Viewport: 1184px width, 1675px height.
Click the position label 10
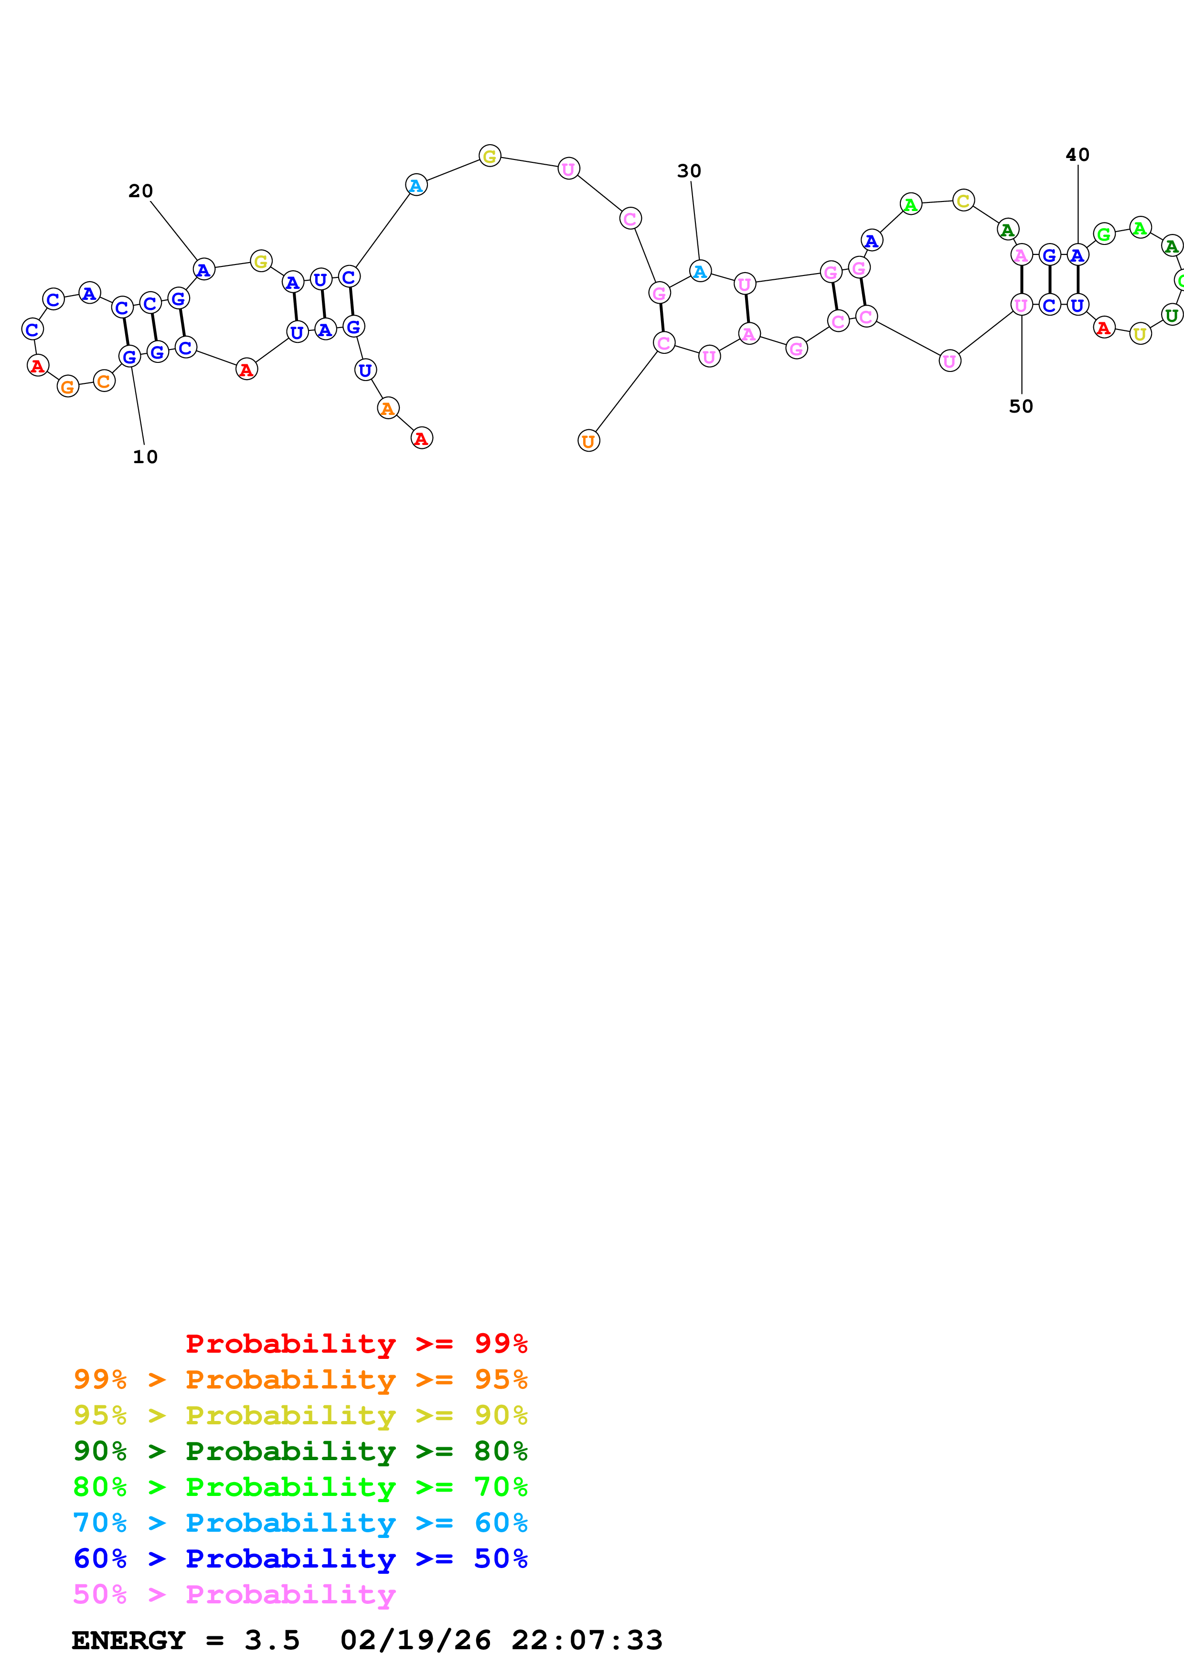145,456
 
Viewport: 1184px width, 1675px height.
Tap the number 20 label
141,191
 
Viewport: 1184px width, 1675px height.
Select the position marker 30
689,171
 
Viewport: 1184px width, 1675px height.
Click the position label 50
1021,406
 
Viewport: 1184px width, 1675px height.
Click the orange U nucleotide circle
589,441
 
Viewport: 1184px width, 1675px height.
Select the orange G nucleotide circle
68,387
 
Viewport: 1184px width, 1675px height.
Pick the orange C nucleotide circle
104,381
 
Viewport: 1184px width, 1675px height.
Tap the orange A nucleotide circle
388,409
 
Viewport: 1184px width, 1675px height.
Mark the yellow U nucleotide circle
1140,334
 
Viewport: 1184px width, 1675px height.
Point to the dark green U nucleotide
1172,315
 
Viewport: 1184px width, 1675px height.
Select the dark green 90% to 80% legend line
300,1451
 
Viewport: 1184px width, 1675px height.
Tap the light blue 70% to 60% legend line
300,1523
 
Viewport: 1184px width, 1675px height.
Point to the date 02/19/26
415,1640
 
